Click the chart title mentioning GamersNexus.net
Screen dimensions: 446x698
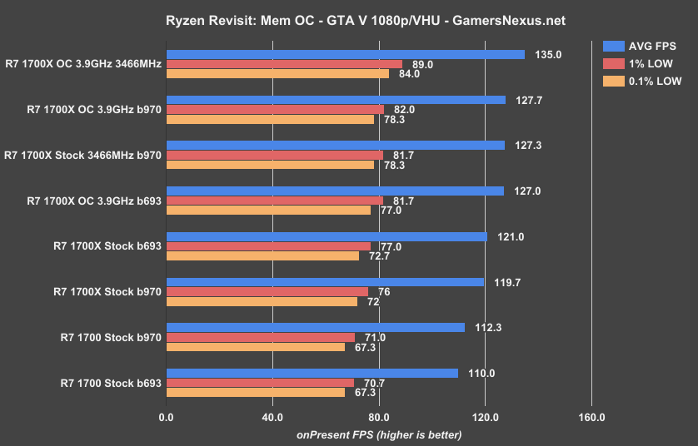348,17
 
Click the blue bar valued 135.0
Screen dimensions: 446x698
346,54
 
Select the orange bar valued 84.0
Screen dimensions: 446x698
277,73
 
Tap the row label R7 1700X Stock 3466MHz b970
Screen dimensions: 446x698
82,155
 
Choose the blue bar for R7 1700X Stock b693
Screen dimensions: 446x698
327,236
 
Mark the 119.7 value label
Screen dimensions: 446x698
503,282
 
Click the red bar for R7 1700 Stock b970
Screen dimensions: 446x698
260,337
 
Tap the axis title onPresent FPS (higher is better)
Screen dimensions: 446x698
378,434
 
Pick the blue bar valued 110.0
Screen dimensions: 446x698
312,373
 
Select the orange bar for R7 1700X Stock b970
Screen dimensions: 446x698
262,301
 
